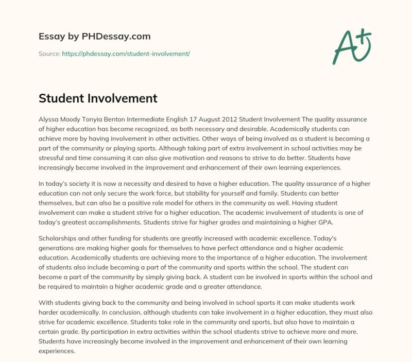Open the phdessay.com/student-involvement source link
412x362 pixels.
point(126,54)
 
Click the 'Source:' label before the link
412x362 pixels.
point(49,54)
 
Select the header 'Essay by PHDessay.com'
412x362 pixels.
point(95,37)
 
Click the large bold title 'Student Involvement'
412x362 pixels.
point(98,98)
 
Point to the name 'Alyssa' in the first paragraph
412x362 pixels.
point(50,118)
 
